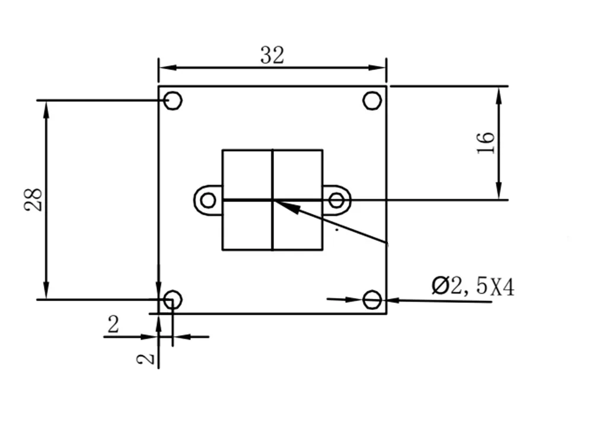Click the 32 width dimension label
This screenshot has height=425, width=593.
pyautogui.click(x=272, y=55)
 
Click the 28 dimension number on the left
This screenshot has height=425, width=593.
pyautogui.click(x=33, y=200)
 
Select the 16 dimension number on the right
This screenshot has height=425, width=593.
pyautogui.click(x=485, y=143)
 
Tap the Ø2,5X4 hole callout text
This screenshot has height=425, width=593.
pyautogui.click(x=473, y=287)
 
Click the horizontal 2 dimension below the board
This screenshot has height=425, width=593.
pyautogui.click(x=113, y=324)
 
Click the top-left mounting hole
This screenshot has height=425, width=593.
pyautogui.click(x=173, y=101)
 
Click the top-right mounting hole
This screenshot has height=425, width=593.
pyautogui.click(x=372, y=101)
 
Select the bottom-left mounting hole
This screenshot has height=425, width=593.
pyautogui.click(x=173, y=300)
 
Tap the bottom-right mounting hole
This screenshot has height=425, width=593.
pyautogui.click(x=372, y=300)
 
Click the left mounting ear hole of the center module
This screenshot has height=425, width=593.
pyautogui.click(x=208, y=200)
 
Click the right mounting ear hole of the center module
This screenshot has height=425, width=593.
pyautogui.click(x=336, y=200)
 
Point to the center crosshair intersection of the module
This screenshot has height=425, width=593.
pyautogui.click(x=273, y=200)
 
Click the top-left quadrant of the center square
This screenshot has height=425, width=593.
pyautogui.click(x=247, y=174)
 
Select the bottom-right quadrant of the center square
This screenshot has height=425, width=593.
pyautogui.click(x=298, y=225)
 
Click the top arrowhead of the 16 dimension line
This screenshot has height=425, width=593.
pyautogui.click(x=499, y=95)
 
